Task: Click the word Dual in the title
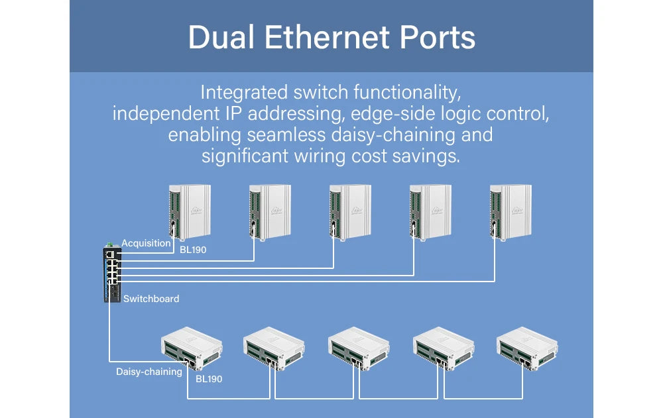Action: pyautogui.click(x=221, y=37)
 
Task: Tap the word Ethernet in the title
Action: pyautogui.click(x=327, y=37)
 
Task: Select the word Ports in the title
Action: pyautogui.click(x=438, y=37)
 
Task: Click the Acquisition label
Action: pyautogui.click(x=146, y=243)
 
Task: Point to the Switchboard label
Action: pyautogui.click(x=151, y=299)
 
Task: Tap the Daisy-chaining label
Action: pyautogui.click(x=149, y=372)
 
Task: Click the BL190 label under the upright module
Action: pyautogui.click(x=193, y=250)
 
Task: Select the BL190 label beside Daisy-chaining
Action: pyautogui.click(x=208, y=379)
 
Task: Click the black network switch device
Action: pyautogui.click(x=113, y=274)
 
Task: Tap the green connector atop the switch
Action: pyautogui.click(x=109, y=244)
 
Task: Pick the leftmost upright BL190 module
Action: pyautogui.click(x=190, y=212)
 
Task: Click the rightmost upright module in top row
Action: pyautogui.click(x=511, y=212)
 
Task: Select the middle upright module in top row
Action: pyautogui.click(x=350, y=212)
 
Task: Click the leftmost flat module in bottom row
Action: pyautogui.click(x=192, y=348)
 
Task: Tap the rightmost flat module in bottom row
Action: pyautogui.click(x=527, y=348)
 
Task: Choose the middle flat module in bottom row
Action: pyautogui.click(x=359, y=348)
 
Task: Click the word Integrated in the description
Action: pyautogui.click(x=244, y=93)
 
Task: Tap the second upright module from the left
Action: pyautogui.click(x=271, y=212)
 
